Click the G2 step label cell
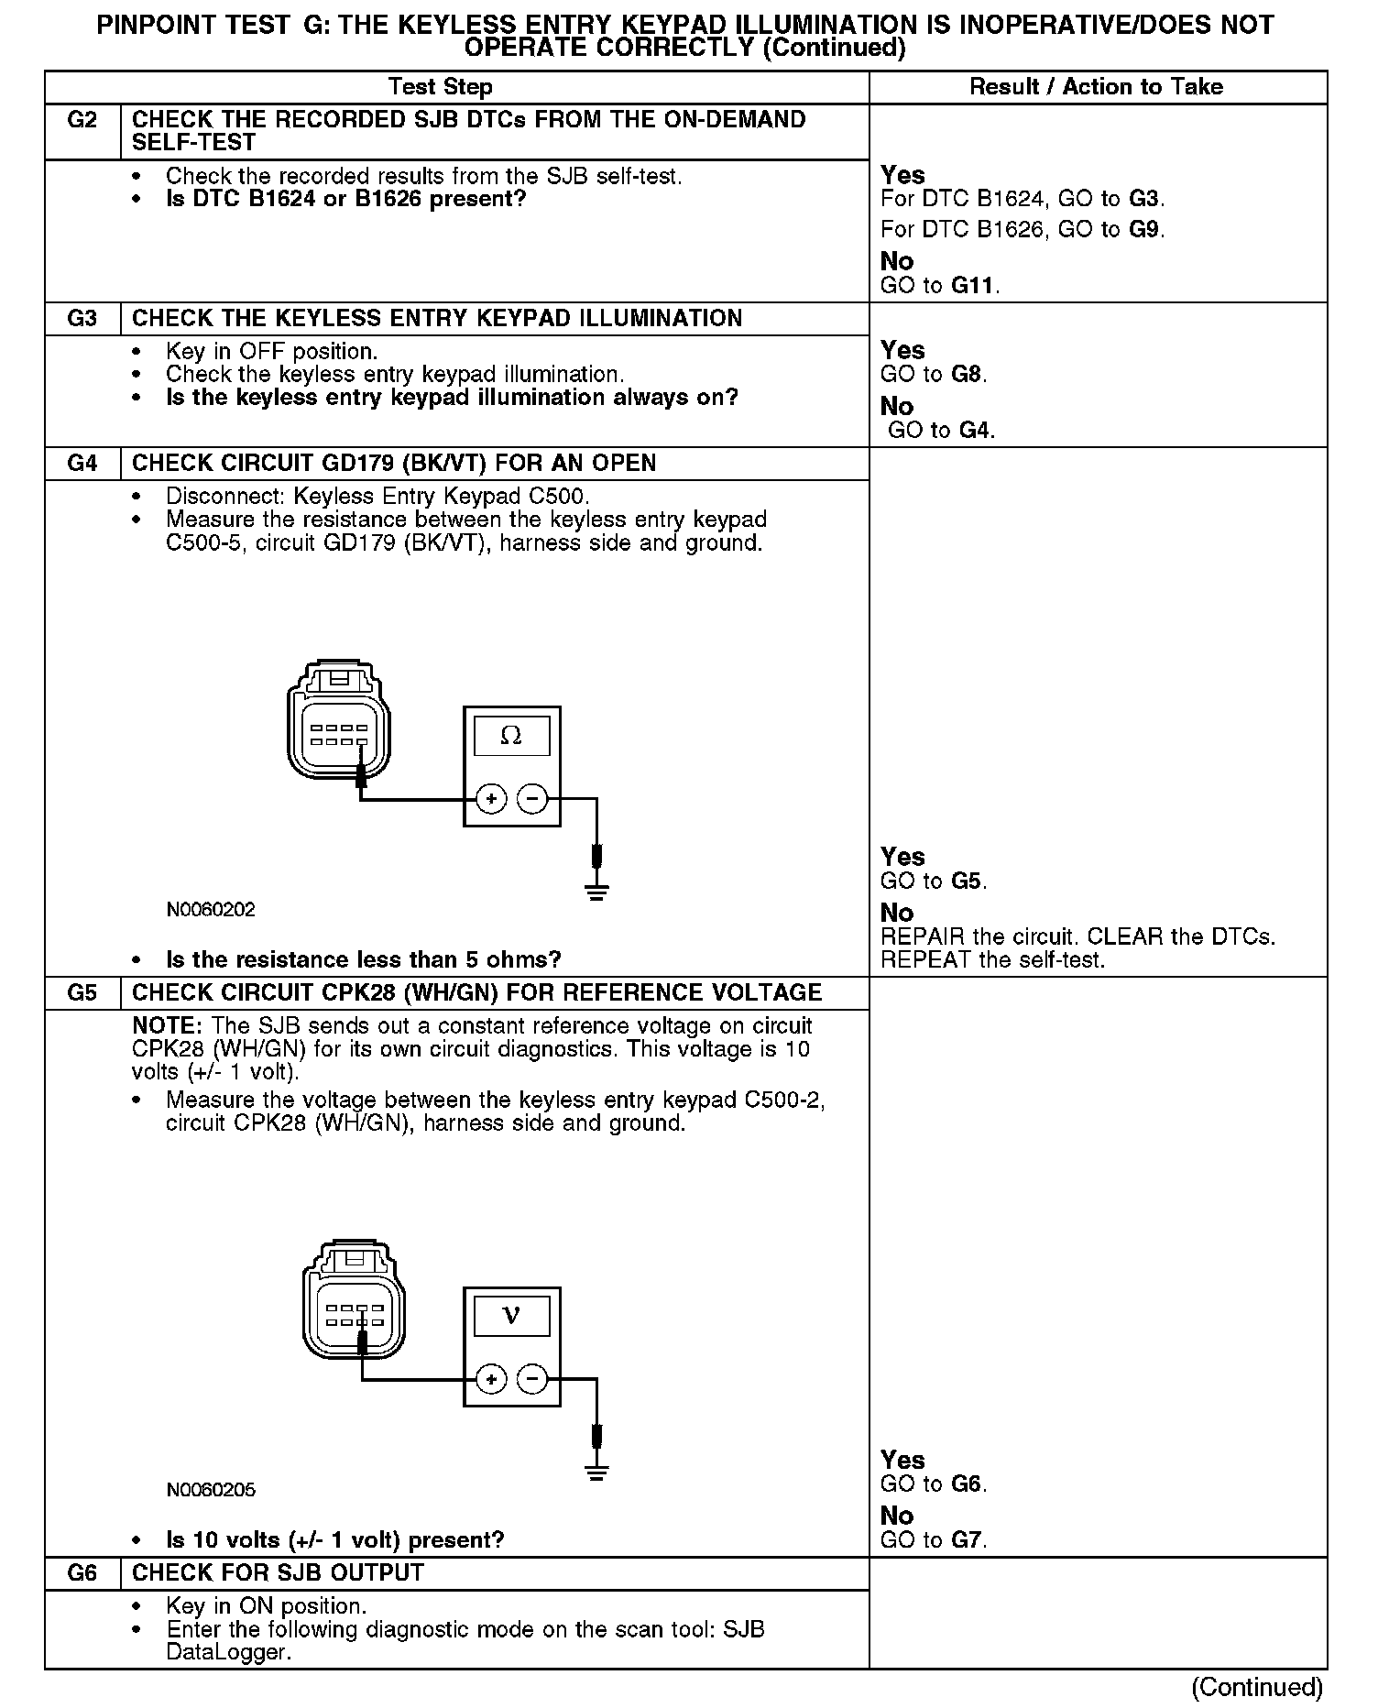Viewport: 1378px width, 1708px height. [x=82, y=120]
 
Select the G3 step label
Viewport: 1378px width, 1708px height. [x=82, y=319]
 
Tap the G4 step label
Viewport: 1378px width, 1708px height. [x=82, y=464]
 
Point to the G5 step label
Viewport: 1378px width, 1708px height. [x=82, y=993]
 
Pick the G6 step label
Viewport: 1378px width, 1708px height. [x=82, y=1573]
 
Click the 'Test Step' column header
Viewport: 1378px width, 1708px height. [x=440, y=87]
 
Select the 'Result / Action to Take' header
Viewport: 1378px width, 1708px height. [x=1096, y=87]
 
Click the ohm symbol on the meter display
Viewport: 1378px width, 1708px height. [x=511, y=736]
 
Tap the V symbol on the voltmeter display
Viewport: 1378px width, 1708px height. [x=511, y=1317]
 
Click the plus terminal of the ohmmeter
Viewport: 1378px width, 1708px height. [x=492, y=799]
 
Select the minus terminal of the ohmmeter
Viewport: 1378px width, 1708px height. [x=532, y=799]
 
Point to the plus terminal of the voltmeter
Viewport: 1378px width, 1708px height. [x=492, y=1379]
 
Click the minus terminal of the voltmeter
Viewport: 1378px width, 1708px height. [x=532, y=1379]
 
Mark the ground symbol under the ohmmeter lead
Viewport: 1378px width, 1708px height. [x=597, y=892]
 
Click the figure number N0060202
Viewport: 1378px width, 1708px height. [x=211, y=910]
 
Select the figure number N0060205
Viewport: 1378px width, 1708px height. [x=211, y=1490]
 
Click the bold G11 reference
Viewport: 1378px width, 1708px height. [x=972, y=286]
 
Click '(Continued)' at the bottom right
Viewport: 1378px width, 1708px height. [x=1257, y=1687]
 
